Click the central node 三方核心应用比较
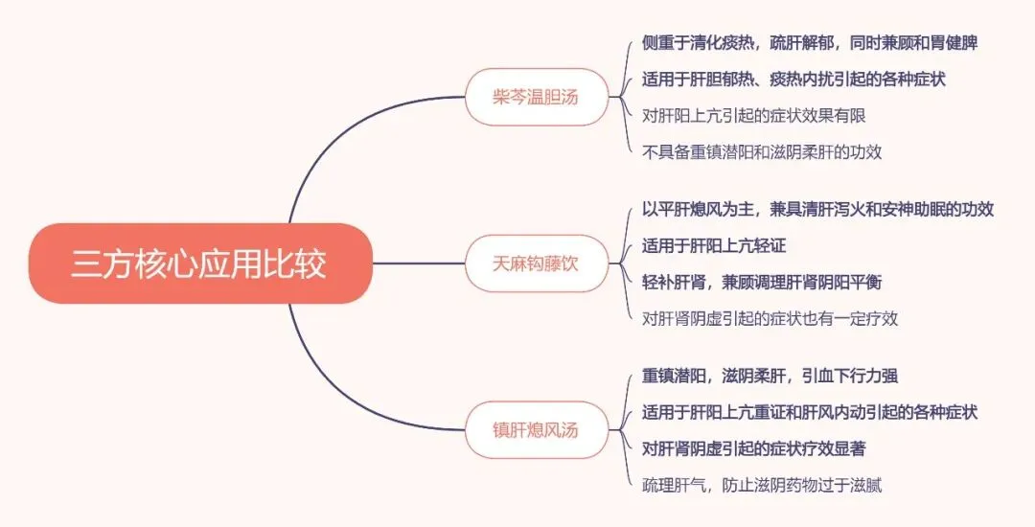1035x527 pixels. click(x=199, y=263)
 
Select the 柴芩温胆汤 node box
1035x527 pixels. click(x=536, y=97)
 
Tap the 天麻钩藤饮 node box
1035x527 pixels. click(x=536, y=263)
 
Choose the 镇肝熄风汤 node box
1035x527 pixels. click(x=536, y=429)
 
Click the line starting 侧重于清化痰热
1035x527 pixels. click(x=810, y=43)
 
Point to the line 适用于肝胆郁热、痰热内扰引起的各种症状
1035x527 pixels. click(x=793, y=79)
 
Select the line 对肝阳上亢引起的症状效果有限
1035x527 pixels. click(x=754, y=115)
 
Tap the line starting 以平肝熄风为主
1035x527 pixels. click(x=817, y=210)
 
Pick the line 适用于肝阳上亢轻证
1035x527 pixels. click(x=714, y=246)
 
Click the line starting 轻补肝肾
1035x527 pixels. click(x=762, y=282)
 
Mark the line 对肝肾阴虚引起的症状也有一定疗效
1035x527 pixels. click(x=770, y=318)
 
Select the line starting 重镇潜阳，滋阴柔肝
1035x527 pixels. click(x=770, y=376)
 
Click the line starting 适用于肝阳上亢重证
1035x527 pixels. click(x=810, y=412)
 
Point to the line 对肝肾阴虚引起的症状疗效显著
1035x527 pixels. click(x=754, y=447)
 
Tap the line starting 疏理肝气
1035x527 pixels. click(x=762, y=484)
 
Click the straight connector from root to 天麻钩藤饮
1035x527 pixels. click(x=417, y=263)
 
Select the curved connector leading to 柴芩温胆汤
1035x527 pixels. click(x=326, y=144)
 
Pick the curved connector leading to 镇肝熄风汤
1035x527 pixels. click(x=326, y=383)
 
